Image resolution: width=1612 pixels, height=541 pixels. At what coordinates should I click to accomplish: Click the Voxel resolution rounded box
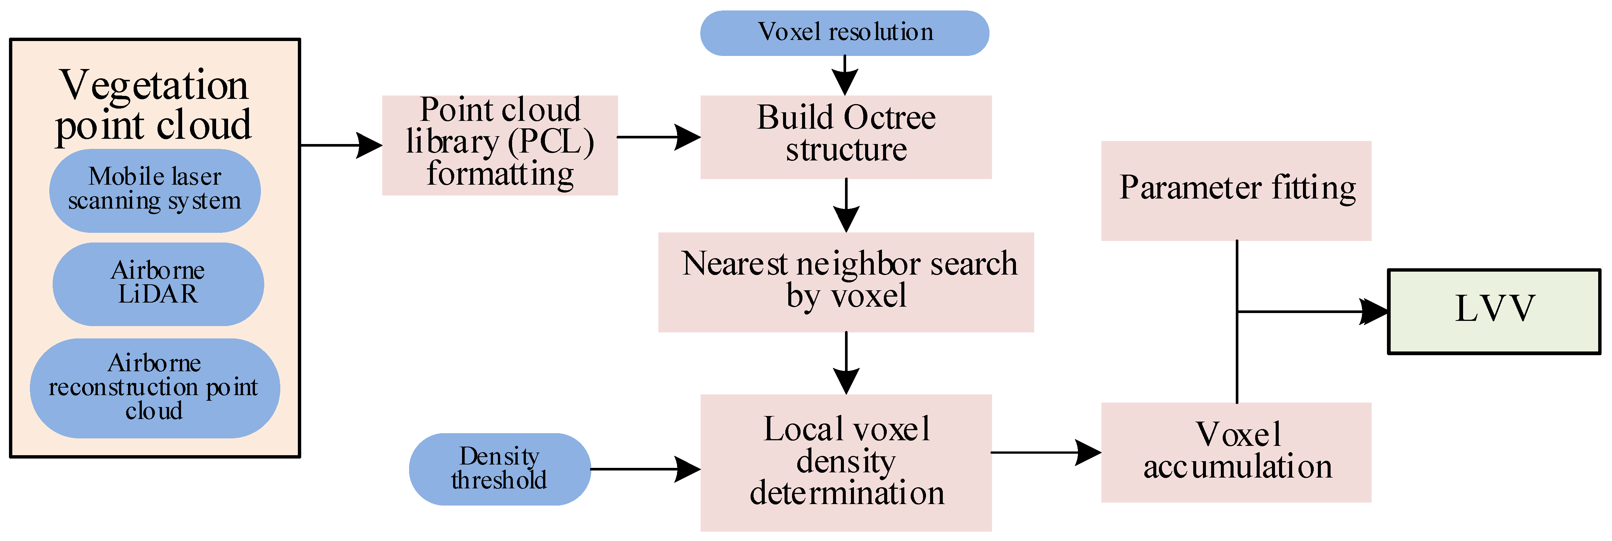point(844,32)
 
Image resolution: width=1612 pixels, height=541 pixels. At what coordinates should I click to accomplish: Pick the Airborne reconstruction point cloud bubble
point(155,388)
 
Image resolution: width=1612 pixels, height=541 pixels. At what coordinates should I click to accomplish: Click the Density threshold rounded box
point(499,469)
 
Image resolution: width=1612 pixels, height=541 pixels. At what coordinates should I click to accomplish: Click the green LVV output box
point(1494,311)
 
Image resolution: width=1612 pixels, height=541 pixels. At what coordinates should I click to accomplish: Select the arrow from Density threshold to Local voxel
point(645,469)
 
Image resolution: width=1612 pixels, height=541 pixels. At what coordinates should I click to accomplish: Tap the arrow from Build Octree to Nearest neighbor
point(846,205)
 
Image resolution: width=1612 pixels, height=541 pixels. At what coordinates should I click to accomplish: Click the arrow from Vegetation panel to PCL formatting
point(341,145)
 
